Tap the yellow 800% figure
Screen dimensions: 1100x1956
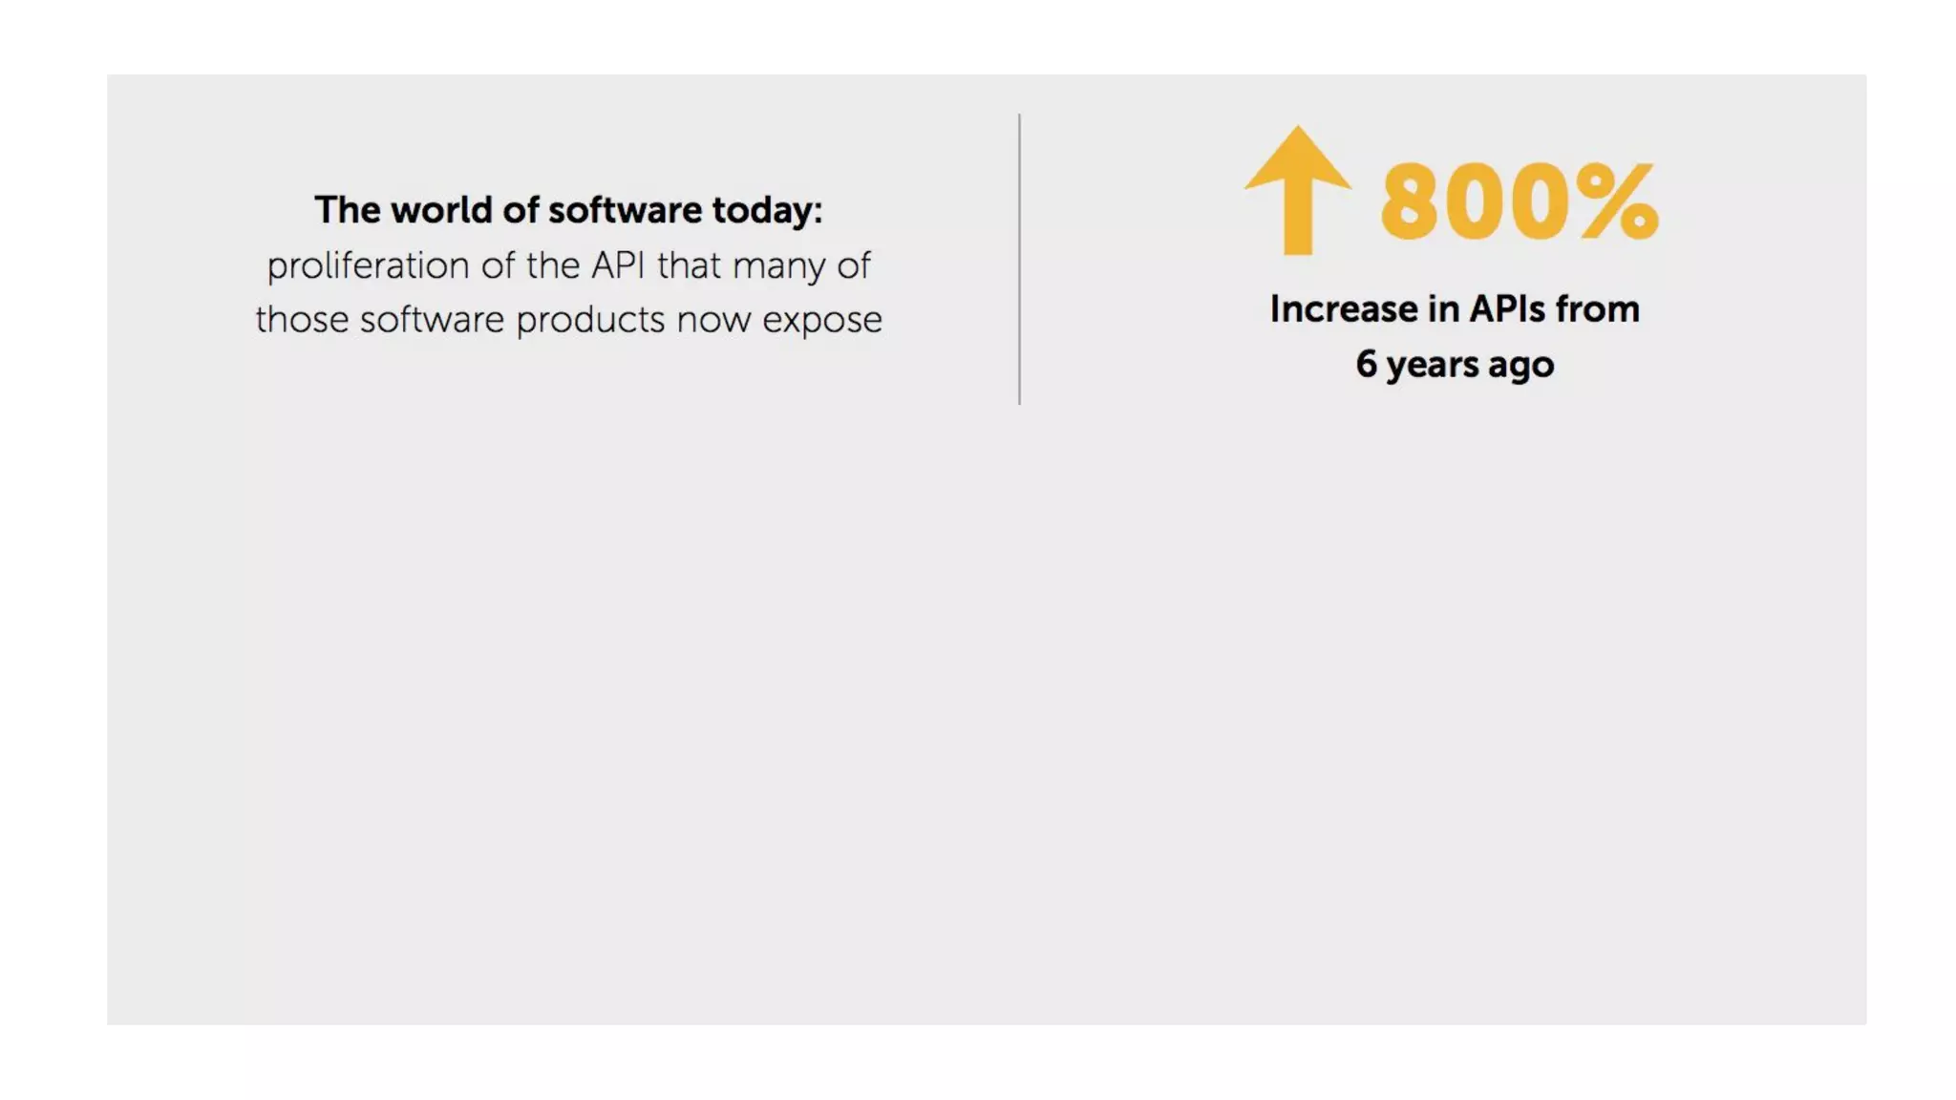point(1519,201)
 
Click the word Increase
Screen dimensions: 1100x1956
point(1343,309)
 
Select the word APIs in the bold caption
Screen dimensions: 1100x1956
point(1506,309)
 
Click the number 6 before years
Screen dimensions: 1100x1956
point(1367,364)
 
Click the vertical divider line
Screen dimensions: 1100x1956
point(1019,259)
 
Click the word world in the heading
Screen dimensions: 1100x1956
point(441,210)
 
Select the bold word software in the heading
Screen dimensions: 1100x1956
point(625,210)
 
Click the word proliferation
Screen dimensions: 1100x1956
point(367,265)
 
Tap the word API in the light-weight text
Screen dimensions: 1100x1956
point(619,265)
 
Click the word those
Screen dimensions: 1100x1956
point(302,320)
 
